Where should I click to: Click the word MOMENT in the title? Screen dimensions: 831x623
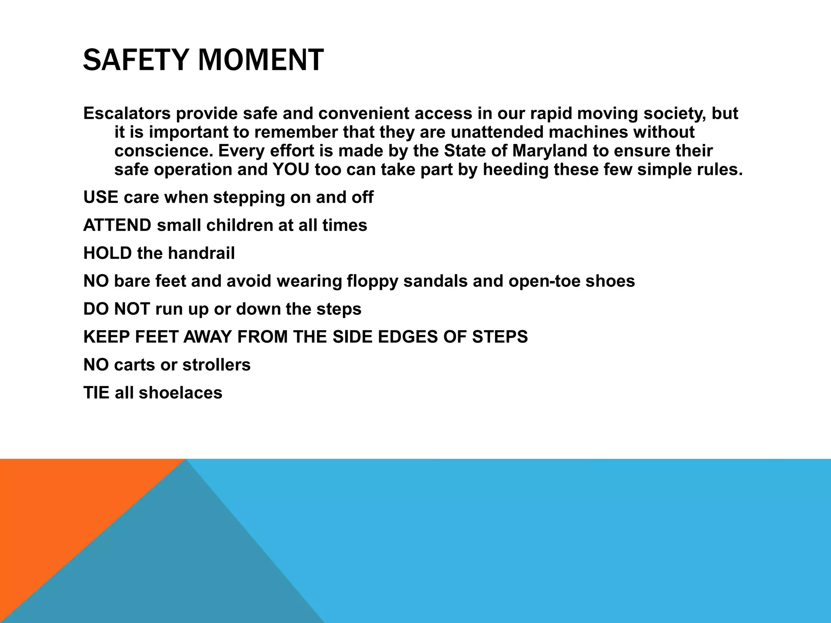click(261, 60)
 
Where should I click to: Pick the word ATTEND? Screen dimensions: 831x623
click(117, 225)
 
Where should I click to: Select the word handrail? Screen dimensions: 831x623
click(201, 253)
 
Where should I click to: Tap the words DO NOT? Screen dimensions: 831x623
click(117, 309)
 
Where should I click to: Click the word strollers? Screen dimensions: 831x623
click(216, 365)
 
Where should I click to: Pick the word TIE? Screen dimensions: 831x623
click(96, 393)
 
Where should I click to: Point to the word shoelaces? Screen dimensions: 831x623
click(181, 393)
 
